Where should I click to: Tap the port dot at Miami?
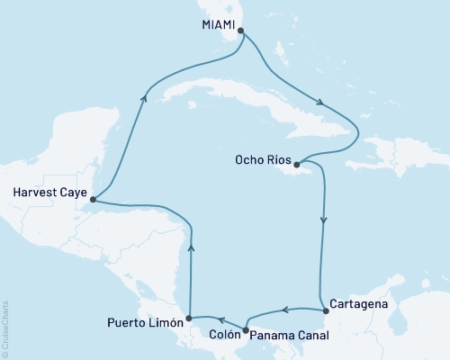(x=239, y=31)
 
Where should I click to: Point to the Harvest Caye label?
(x=47, y=191)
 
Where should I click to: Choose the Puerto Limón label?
(x=145, y=321)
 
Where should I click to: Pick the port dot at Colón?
(x=246, y=329)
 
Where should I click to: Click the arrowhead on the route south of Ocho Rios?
(x=323, y=218)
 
